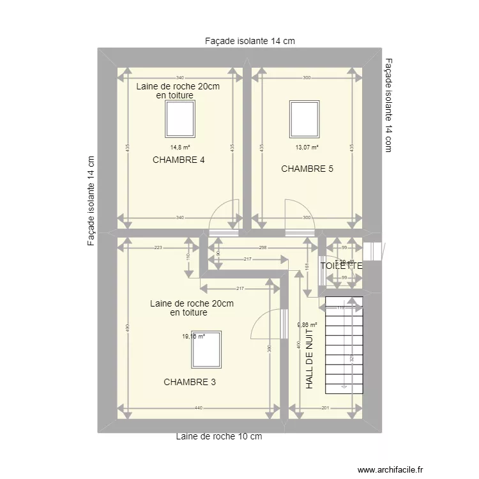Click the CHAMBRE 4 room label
click(x=179, y=160)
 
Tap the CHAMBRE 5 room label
click(x=307, y=169)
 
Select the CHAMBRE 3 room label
click(x=190, y=383)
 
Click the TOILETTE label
click(x=341, y=266)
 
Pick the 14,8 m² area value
click(x=179, y=147)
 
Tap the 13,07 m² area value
click(x=307, y=147)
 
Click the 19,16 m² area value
click(x=194, y=337)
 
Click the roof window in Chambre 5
click(x=304, y=118)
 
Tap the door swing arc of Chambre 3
click(x=263, y=323)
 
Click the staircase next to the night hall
click(x=344, y=345)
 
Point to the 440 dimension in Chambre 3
click(x=198, y=408)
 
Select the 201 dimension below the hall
click(x=324, y=408)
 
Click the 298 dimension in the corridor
click(x=262, y=247)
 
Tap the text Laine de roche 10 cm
click(x=219, y=437)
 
